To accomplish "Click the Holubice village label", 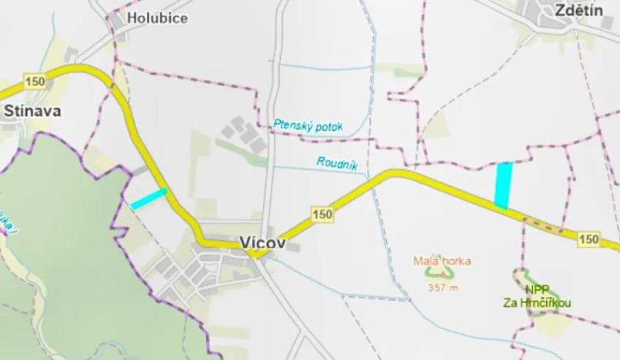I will [x=157, y=18].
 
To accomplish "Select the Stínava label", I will [x=32, y=111].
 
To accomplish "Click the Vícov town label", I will [x=262, y=242].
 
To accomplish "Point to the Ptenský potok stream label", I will [x=308, y=124].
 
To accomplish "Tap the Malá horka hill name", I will [x=441, y=261].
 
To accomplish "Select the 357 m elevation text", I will [x=441, y=288].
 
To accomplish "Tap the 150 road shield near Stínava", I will [x=34, y=82].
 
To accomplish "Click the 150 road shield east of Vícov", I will [x=322, y=215].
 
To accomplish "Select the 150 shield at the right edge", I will [x=589, y=239].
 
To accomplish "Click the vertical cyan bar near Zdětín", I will [x=503, y=185].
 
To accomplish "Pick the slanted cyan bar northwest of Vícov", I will [x=148, y=198].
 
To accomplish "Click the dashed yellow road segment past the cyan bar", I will [x=543, y=225].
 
